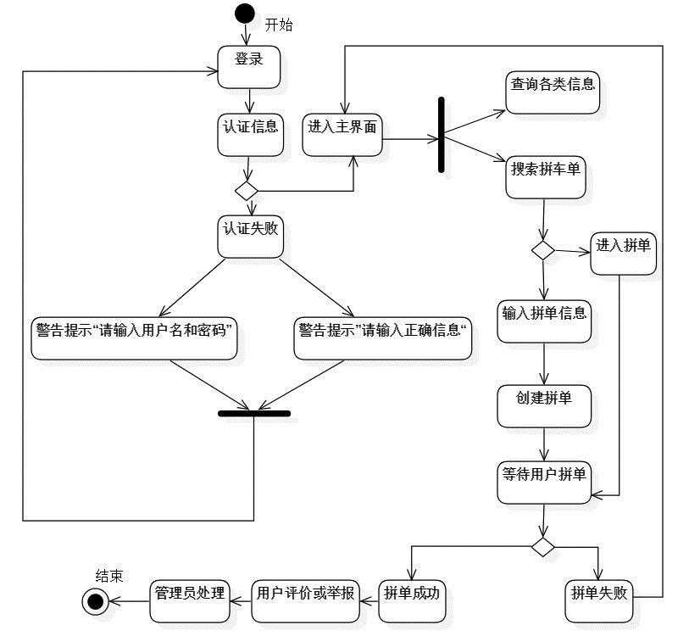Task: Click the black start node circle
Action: tap(245, 14)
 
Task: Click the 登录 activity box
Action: tap(249, 67)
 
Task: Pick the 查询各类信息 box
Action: tap(553, 91)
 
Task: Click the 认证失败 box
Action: tap(250, 237)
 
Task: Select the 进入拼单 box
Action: tap(623, 253)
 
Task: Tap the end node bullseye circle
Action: tap(94, 600)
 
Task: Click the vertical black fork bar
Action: tap(441, 135)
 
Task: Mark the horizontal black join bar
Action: tap(254, 414)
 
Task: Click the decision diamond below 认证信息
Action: tap(247, 190)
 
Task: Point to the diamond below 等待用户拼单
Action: tap(543, 545)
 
